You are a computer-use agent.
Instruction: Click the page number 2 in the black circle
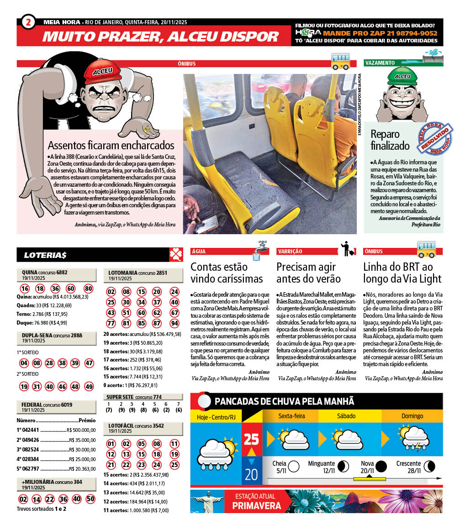tap(28, 22)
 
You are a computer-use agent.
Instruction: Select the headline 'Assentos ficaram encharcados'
tap(111, 146)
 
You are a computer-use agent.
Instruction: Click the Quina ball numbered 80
tap(89, 289)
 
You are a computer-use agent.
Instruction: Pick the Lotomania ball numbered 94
tap(174, 324)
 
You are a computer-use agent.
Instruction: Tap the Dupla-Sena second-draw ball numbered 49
tap(89, 386)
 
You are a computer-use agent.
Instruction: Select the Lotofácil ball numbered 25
tap(174, 465)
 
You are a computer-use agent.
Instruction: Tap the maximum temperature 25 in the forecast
tap(251, 440)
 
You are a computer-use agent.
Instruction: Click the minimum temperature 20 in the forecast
tap(251, 475)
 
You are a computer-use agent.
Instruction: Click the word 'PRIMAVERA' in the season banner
tap(256, 505)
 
